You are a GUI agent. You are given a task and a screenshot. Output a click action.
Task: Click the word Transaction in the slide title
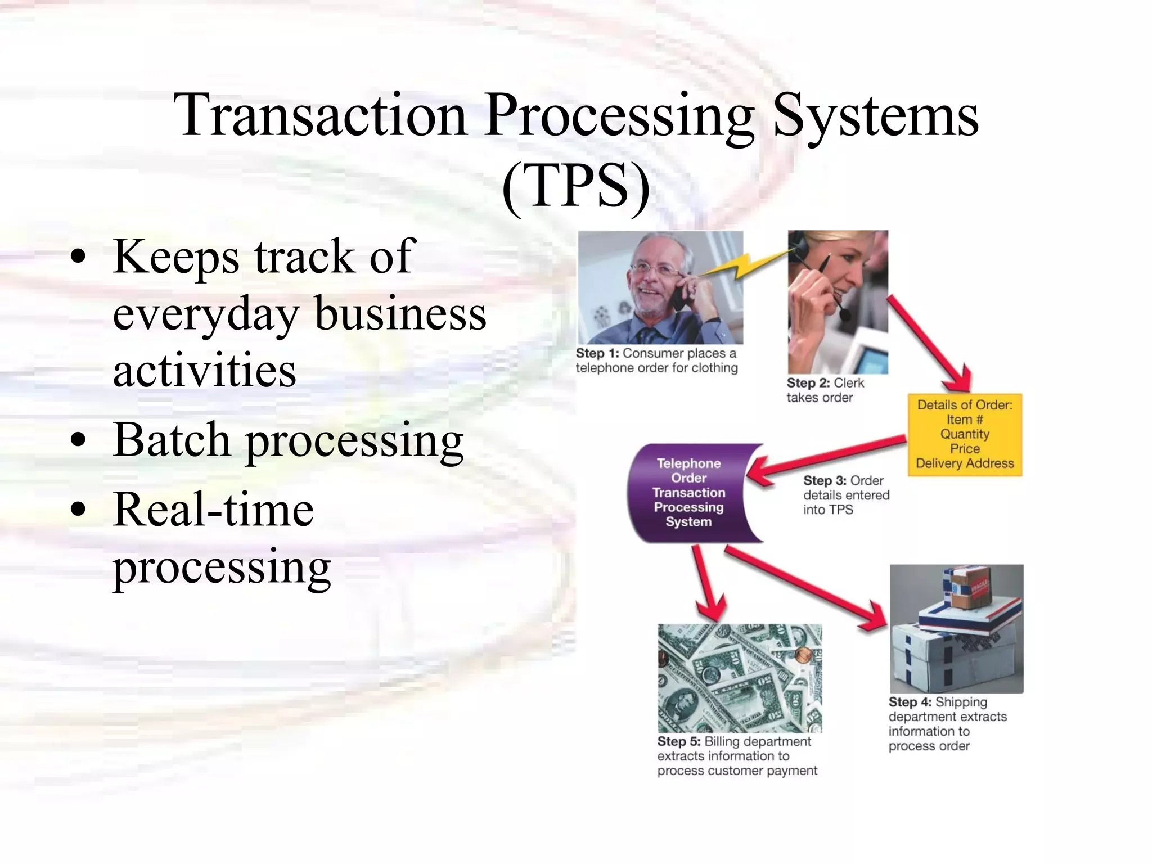tap(321, 116)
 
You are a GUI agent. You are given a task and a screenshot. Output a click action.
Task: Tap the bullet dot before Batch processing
tap(79, 440)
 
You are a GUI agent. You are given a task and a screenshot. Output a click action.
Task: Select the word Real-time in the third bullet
tap(213, 510)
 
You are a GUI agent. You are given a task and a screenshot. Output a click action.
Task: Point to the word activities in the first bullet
tap(204, 371)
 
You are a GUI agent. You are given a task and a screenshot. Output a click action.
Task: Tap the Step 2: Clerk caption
tap(825, 383)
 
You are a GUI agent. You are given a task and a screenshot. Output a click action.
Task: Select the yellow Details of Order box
tap(964, 434)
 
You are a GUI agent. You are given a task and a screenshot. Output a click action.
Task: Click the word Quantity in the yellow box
tap(964, 434)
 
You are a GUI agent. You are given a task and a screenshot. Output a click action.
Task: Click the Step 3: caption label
tap(825, 481)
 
